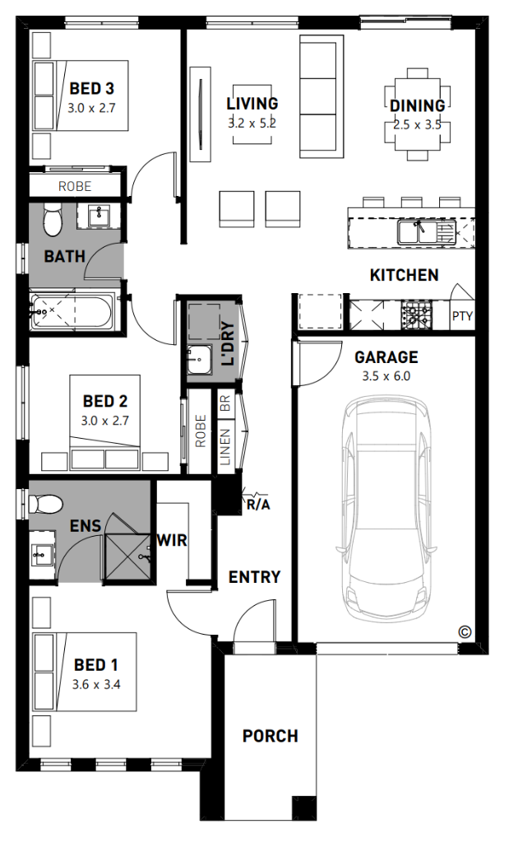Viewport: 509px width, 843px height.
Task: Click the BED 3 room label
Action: tap(92, 88)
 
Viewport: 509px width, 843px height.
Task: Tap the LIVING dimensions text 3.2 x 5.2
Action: tap(252, 123)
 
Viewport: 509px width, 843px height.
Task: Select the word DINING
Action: tap(417, 105)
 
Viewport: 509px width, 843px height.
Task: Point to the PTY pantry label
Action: tap(462, 316)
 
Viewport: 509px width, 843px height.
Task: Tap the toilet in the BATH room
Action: tap(53, 219)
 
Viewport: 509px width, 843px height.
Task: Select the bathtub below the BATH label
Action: tap(72, 312)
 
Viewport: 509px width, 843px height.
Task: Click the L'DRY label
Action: tap(229, 344)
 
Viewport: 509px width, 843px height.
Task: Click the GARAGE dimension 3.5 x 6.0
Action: tap(386, 376)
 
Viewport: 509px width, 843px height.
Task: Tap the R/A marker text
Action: tap(258, 505)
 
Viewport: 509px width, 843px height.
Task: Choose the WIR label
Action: tap(173, 540)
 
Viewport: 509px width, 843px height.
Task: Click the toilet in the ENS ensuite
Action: tap(46, 505)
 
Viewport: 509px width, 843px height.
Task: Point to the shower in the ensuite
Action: tap(128, 557)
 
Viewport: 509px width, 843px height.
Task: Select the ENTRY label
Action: tap(255, 577)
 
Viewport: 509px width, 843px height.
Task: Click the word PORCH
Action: tap(270, 736)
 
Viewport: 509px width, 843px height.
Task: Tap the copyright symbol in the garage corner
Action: tap(465, 632)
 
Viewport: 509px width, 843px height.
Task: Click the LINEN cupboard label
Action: tap(225, 447)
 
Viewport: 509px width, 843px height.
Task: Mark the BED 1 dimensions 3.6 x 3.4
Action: tap(96, 685)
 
